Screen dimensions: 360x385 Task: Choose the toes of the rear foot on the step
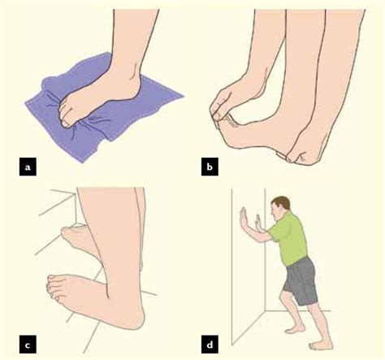(78, 236)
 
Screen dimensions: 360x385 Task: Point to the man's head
(281, 206)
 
